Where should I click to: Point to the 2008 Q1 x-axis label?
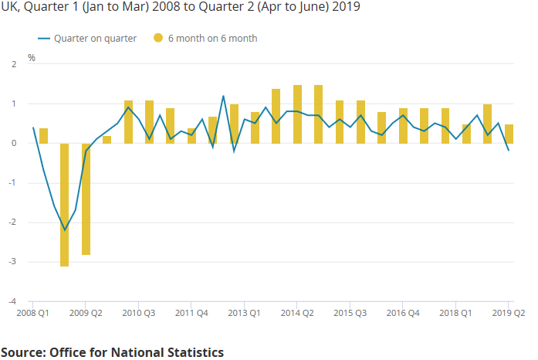click(33, 314)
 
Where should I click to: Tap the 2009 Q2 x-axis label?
click(86, 314)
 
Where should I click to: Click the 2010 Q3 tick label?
click(139, 314)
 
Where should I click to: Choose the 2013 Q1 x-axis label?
click(244, 314)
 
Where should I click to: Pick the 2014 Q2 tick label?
click(297, 314)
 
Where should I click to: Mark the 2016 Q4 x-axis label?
click(403, 314)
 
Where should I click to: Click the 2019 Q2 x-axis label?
click(509, 314)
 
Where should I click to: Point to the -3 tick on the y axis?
click(12, 262)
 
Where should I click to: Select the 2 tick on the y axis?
click(13, 64)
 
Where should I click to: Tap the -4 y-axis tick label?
click(12, 301)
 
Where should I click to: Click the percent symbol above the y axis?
click(32, 57)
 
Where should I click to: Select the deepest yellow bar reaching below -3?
click(64, 205)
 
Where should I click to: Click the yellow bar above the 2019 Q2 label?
click(509, 134)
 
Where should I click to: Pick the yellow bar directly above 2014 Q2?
click(297, 114)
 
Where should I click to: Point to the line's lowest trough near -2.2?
click(64, 229)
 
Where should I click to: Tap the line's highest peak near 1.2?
click(223, 96)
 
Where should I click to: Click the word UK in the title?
click(10, 7)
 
